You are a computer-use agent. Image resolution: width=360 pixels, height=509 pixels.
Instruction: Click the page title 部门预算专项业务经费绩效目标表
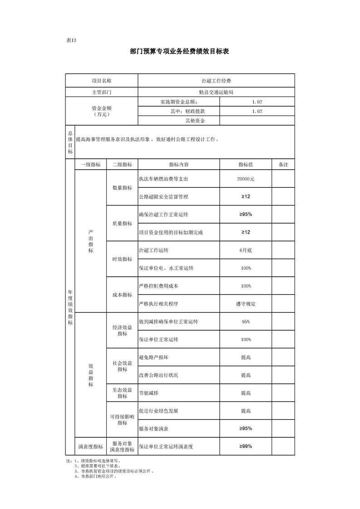(179, 52)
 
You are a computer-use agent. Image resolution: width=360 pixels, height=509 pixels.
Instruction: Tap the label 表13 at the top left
(71, 40)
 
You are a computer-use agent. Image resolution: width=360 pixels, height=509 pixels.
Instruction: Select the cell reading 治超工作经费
(216, 80)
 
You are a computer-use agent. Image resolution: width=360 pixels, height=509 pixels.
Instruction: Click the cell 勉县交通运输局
(216, 92)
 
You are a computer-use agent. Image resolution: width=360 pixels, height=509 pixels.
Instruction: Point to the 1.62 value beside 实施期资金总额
(257, 102)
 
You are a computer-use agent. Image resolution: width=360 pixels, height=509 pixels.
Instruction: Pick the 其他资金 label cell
(195, 121)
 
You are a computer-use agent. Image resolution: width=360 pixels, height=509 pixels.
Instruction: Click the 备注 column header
(283, 164)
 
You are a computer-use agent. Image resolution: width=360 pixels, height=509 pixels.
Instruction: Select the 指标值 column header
(246, 164)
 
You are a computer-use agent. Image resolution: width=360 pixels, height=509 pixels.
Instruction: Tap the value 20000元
(246, 179)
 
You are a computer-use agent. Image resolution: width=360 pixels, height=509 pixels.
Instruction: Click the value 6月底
(246, 250)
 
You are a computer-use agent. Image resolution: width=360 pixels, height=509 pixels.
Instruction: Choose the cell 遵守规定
(246, 304)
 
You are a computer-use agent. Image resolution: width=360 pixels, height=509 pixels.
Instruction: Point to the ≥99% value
(246, 446)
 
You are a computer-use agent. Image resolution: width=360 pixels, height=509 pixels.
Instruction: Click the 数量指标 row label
(122, 188)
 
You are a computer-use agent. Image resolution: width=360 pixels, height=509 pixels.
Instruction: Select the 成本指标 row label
(122, 295)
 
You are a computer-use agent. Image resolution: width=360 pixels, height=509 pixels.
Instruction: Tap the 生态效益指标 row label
(122, 393)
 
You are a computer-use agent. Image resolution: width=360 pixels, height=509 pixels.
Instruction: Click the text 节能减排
(149, 393)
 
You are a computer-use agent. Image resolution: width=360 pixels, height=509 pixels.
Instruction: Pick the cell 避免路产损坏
(155, 357)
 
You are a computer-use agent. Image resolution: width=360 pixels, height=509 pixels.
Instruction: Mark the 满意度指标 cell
(90, 446)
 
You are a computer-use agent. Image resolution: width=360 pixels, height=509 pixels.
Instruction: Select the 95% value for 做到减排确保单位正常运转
(246, 322)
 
